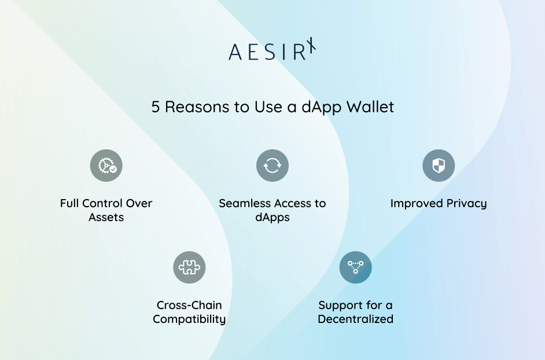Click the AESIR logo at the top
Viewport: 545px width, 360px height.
pos(272,50)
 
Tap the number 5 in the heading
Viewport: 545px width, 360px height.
pos(155,107)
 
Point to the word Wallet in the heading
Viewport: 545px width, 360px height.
pos(370,107)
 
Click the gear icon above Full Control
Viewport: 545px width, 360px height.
pos(106,166)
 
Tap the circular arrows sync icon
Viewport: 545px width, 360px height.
pos(272,166)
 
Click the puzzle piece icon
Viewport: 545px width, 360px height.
pos(189,267)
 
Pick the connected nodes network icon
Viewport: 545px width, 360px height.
pos(355,267)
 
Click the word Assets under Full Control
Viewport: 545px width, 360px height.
pos(106,218)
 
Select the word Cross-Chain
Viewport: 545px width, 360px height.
pos(189,305)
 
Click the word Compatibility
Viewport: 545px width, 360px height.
pos(189,319)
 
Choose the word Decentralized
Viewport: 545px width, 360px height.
pos(355,319)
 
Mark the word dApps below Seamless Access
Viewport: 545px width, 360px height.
pos(272,218)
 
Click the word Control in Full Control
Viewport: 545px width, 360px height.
pos(102,204)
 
